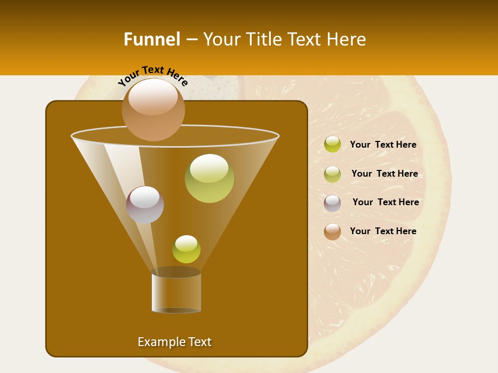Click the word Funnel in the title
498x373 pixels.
click(x=151, y=39)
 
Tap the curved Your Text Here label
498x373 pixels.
click(x=153, y=75)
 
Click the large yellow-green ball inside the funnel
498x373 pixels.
click(x=209, y=179)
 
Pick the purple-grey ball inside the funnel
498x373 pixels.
click(x=145, y=205)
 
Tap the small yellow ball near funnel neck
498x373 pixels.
click(x=186, y=249)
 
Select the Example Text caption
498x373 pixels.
click(x=174, y=342)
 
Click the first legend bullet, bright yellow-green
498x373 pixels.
click(x=333, y=145)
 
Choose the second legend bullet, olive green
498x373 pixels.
click(x=333, y=174)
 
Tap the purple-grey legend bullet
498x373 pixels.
click(x=333, y=203)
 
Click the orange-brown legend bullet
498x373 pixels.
click(x=333, y=232)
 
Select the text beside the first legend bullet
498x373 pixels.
click(x=383, y=145)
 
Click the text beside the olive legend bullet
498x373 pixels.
click(x=384, y=174)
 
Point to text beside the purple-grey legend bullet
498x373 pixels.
click(x=385, y=203)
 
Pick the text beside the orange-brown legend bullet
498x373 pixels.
click(x=383, y=231)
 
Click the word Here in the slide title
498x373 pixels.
click(x=347, y=39)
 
